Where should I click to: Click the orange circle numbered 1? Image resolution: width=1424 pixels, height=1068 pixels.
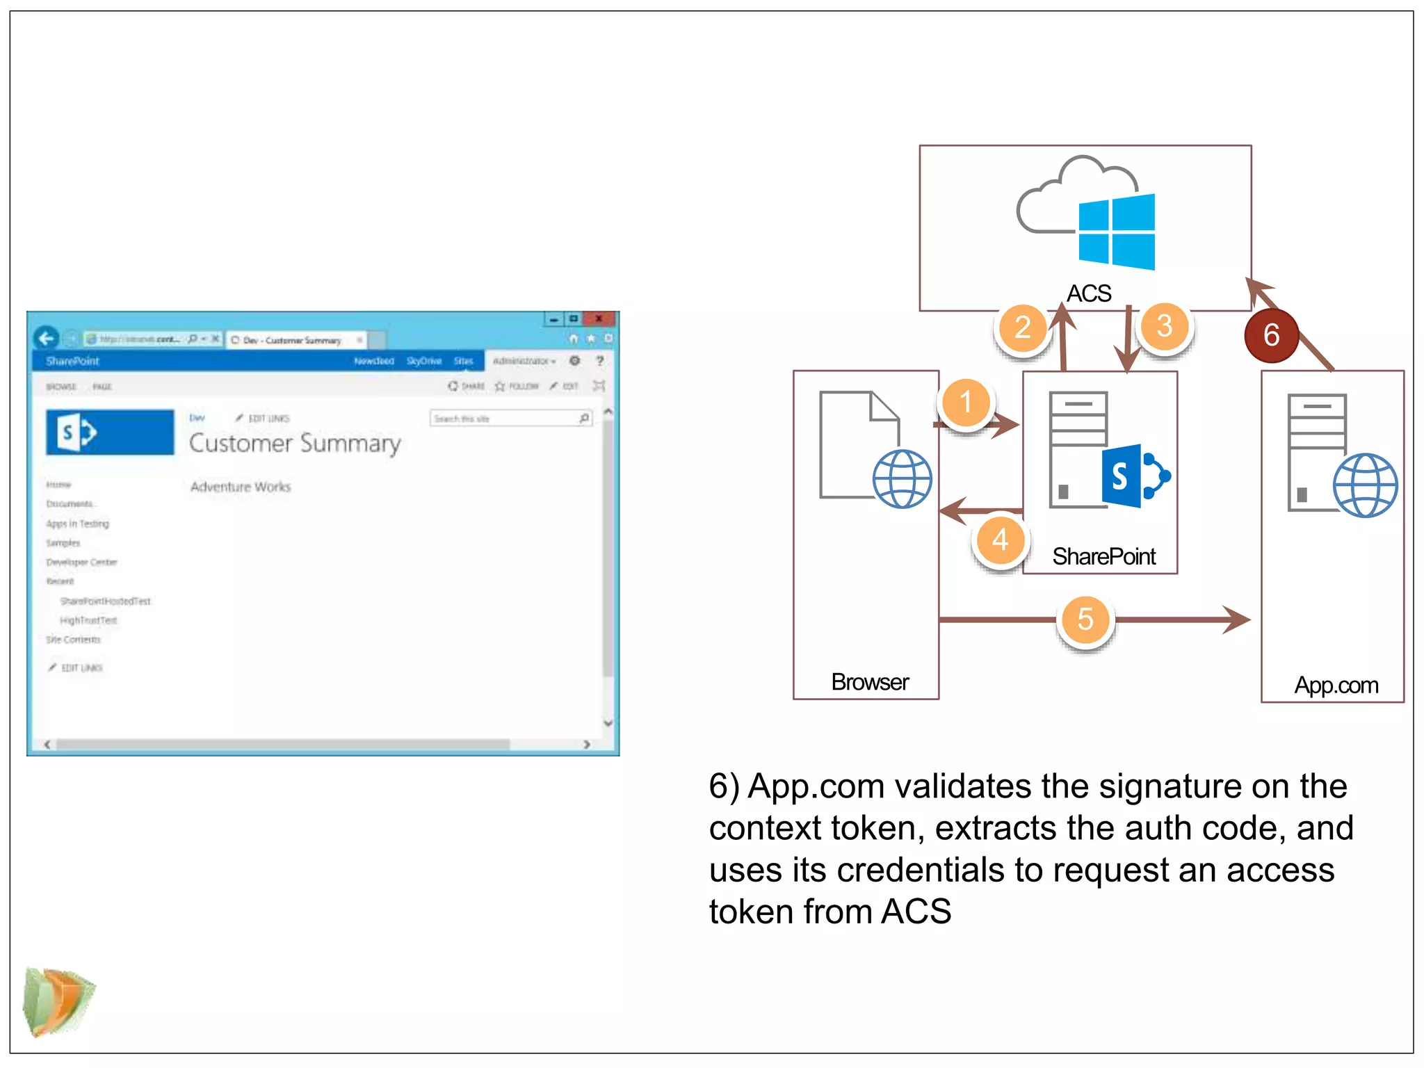click(x=966, y=403)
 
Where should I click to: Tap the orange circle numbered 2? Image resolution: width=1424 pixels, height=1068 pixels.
click(x=1022, y=327)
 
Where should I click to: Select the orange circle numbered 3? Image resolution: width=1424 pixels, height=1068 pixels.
click(x=1165, y=326)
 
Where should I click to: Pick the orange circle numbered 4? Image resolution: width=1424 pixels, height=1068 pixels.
click(x=1000, y=540)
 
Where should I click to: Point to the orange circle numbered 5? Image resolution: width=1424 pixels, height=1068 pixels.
click(x=1085, y=620)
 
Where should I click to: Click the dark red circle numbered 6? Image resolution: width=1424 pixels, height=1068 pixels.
click(x=1271, y=335)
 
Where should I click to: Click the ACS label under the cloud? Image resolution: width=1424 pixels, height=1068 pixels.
click(x=1089, y=293)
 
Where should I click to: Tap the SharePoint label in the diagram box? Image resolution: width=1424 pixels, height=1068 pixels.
click(x=1103, y=556)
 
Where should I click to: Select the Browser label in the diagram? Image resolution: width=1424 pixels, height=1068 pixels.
click(x=869, y=682)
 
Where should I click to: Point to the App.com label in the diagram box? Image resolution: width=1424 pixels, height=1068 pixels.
click(x=1336, y=686)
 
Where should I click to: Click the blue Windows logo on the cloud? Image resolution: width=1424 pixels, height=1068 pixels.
click(x=1117, y=232)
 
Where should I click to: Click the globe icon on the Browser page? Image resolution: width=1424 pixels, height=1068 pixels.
click(x=902, y=479)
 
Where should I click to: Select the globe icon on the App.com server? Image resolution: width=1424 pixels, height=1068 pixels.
click(x=1364, y=485)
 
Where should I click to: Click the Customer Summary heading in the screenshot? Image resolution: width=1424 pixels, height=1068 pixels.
click(x=295, y=444)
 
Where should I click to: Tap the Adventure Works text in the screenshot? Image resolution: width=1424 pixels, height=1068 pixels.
click(x=241, y=487)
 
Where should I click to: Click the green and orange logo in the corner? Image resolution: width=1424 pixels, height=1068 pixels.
click(x=58, y=1001)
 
